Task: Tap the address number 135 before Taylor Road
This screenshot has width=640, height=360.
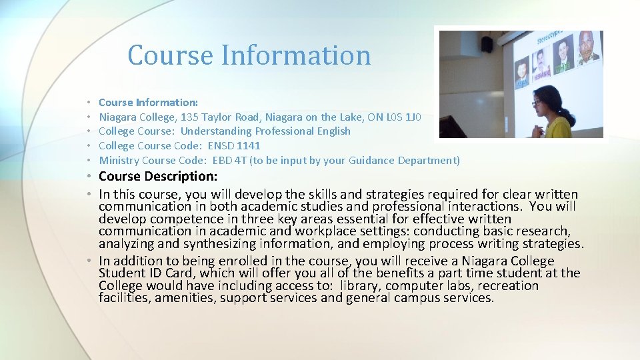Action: tap(191, 117)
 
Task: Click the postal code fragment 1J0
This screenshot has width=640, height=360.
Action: tap(413, 117)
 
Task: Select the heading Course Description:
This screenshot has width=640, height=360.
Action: tap(158, 177)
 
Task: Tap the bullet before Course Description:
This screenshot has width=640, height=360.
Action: tap(89, 177)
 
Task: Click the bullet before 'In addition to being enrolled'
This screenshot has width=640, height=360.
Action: tap(89, 261)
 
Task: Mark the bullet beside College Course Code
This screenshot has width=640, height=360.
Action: tap(89, 146)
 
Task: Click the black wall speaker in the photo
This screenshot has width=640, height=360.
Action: tap(487, 44)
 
